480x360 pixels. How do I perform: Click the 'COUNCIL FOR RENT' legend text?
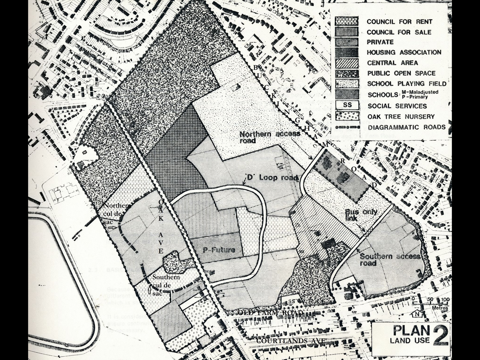(399, 21)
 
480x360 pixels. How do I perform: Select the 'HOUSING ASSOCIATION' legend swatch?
(346, 52)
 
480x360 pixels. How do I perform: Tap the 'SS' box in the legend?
(346, 106)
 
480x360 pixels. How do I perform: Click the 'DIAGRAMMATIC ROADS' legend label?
(406, 127)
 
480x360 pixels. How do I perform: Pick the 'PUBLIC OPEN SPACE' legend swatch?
(346, 73)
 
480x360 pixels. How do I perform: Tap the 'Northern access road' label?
(270, 137)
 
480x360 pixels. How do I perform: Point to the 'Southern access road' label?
(389, 260)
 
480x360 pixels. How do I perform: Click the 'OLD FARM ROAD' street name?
(270, 313)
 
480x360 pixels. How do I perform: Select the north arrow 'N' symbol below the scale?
(416, 314)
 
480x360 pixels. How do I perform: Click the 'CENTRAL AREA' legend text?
(392, 63)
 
